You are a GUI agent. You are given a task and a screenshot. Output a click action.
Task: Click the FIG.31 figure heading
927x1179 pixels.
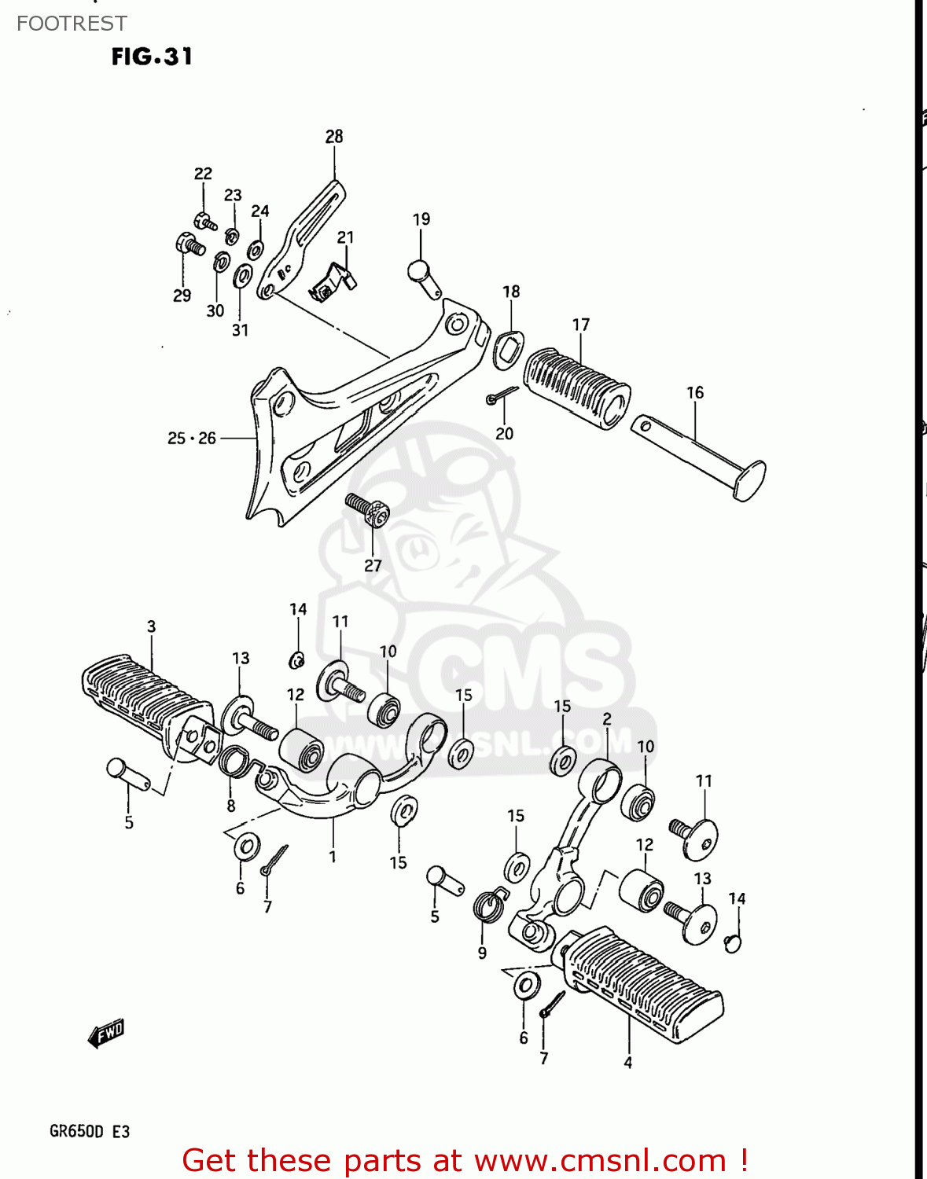pyautogui.click(x=152, y=57)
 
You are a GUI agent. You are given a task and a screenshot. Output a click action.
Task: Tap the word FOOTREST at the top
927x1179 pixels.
pyautogui.click(x=72, y=24)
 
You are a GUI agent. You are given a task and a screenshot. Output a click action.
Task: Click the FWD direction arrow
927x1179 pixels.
pyautogui.click(x=106, y=1033)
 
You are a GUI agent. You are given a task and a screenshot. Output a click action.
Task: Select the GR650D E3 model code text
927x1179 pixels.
pyautogui.click(x=89, y=1131)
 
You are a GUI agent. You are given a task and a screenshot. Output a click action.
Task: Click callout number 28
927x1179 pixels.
pyautogui.click(x=334, y=136)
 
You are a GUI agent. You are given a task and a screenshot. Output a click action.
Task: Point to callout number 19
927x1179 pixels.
pyautogui.click(x=421, y=219)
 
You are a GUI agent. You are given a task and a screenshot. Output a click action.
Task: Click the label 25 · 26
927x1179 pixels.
pyautogui.click(x=191, y=438)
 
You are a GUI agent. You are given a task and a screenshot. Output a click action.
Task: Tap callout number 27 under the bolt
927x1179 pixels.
pyautogui.click(x=373, y=565)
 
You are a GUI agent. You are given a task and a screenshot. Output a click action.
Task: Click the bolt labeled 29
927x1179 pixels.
pyautogui.click(x=189, y=244)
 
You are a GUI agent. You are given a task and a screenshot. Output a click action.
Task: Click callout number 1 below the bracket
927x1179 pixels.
pyautogui.click(x=333, y=856)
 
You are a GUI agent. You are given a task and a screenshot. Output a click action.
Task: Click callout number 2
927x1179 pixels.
pyautogui.click(x=607, y=718)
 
